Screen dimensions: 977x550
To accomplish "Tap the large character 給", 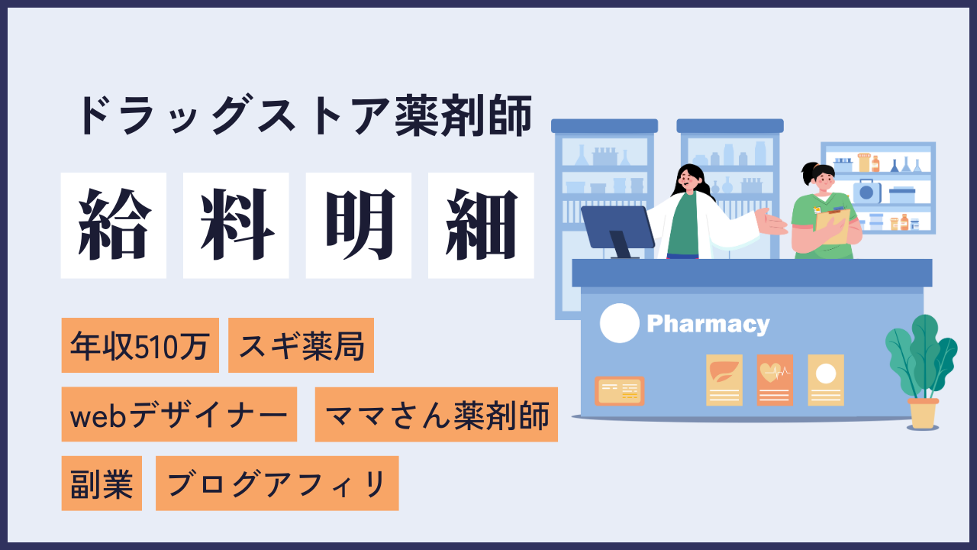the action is click(x=114, y=225).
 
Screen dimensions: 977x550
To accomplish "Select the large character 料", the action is click(x=236, y=225).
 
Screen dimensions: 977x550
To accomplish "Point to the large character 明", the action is click(x=359, y=225).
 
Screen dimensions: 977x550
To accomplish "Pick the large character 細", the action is click(x=481, y=225).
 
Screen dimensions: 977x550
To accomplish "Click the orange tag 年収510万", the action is click(x=140, y=345).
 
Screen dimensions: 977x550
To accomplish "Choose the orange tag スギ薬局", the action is click(x=301, y=345).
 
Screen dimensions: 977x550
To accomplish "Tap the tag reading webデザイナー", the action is click(x=179, y=414).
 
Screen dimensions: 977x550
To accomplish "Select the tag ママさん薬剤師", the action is click(x=436, y=414).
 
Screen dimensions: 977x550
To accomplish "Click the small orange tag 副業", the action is click(x=102, y=484).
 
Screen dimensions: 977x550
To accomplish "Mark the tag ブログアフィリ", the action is click(x=277, y=484).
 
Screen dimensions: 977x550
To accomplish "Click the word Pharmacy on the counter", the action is click(x=708, y=325).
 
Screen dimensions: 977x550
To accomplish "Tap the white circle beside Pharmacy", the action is click(x=619, y=323).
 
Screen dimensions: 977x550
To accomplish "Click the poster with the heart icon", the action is click(x=775, y=380).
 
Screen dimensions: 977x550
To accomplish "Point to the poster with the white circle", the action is click(x=826, y=380).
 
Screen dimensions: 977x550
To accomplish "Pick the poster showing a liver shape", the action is click(x=724, y=380).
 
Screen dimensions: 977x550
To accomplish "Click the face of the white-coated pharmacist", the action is click(x=688, y=179).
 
